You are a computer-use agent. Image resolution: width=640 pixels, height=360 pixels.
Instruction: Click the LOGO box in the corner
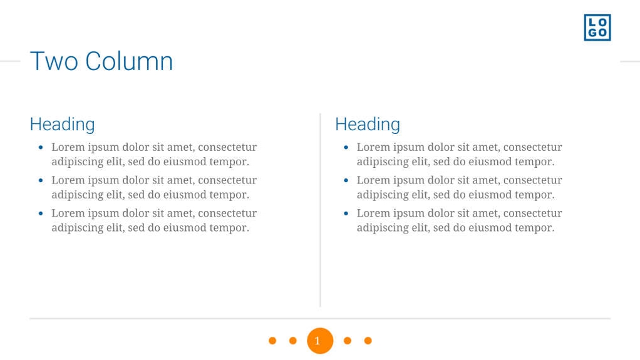point(597,28)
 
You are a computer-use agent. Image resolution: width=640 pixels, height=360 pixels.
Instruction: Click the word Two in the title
point(54,61)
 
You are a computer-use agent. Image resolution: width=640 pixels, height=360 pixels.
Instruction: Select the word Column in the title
point(129,61)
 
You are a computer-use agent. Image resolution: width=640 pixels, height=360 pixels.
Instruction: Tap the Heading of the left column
point(62,124)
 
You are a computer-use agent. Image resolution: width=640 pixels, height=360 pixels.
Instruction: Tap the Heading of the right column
point(368,124)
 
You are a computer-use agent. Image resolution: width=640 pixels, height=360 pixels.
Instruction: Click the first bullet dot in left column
point(41,148)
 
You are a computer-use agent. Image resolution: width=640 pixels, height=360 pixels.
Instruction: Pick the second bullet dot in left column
point(41,180)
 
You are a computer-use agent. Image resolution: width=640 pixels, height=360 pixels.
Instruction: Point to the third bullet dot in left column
point(41,213)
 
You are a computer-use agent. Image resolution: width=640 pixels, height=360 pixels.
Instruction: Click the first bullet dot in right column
point(346,148)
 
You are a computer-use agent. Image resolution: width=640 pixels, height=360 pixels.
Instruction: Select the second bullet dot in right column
point(346,180)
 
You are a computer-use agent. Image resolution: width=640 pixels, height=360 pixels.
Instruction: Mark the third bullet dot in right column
point(346,213)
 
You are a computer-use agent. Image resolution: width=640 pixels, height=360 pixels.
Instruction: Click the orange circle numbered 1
point(319,341)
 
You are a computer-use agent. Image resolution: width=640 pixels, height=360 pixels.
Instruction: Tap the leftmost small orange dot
point(272,341)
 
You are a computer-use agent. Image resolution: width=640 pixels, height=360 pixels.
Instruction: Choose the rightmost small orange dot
point(368,341)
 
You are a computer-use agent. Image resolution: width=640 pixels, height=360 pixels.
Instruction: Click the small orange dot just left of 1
point(292,341)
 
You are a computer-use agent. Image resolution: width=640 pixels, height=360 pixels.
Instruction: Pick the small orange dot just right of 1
point(348,341)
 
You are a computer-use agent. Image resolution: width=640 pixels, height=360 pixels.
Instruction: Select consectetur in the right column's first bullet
point(532,147)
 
